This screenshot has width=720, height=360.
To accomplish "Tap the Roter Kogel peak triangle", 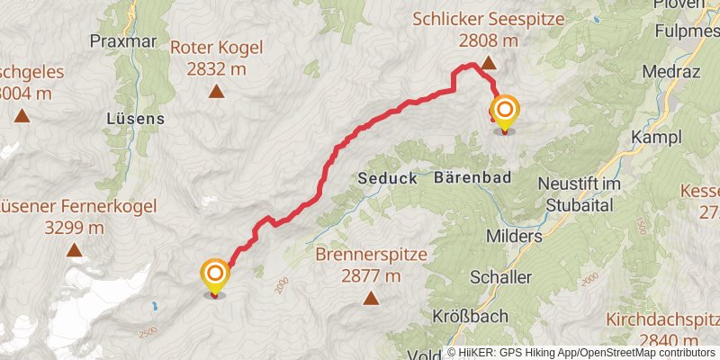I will pyautogui.click(x=216, y=91).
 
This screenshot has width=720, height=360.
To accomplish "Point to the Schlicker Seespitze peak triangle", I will pyautogui.click(x=488, y=63).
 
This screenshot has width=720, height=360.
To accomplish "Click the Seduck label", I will pyautogui.click(x=387, y=178).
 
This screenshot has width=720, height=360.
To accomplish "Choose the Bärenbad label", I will pyautogui.click(x=473, y=178).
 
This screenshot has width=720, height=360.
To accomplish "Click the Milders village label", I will pyautogui.click(x=514, y=236).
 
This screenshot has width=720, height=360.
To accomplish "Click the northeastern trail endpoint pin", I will pyautogui.click(x=504, y=112).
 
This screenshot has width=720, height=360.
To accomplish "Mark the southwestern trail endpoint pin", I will pyautogui.click(x=214, y=275).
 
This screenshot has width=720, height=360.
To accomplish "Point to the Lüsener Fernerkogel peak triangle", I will pyautogui.click(x=73, y=250).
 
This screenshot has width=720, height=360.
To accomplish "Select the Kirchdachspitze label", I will pyautogui.click(x=663, y=319).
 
